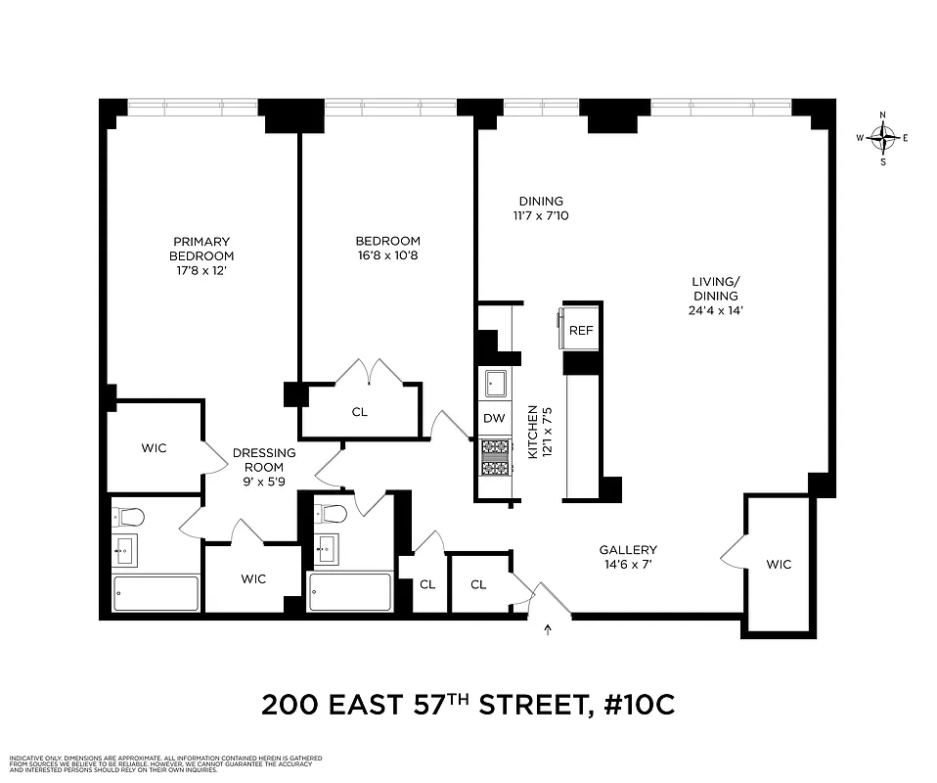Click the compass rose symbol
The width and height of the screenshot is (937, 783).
click(x=883, y=138)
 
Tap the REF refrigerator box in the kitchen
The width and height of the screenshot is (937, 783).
click(x=581, y=331)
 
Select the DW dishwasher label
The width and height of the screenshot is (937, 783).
click(x=495, y=419)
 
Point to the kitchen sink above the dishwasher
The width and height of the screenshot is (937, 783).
click(x=495, y=382)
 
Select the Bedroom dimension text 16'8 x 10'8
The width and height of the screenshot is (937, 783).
click(x=387, y=256)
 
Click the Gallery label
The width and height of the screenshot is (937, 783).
click(x=628, y=550)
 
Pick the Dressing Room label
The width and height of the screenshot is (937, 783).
click(x=264, y=460)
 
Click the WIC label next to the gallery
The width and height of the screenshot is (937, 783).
click(x=779, y=565)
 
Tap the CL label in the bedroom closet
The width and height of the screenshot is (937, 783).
click(x=360, y=412)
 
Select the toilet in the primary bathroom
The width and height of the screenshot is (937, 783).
click(x=130, y=516)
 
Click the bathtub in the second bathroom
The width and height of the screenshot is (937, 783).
click(x=350, y=592)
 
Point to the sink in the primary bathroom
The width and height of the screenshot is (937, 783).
click(x=124, y=550)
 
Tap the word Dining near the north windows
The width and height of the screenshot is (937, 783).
click(x=541, y=202)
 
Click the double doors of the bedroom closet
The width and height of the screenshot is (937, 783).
click(x=369, y=372)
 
